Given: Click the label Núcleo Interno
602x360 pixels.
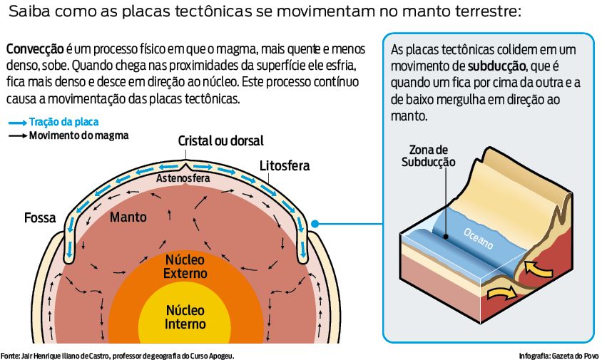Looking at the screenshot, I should click(x=185, y=317).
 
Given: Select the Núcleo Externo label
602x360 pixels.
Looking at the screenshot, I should click(x=185, y=266).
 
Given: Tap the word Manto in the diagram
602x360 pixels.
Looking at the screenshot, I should click(x=128, y=216).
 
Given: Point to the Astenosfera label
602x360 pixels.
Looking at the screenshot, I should click(x=183, y=178).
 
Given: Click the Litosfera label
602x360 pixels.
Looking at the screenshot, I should click(x=285, y=165).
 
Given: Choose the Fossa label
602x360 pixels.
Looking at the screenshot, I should click(x=40, y=217).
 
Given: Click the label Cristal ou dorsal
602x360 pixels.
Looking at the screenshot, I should click(x=220, y=140).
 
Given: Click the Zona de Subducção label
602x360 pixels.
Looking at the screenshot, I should click(x=428, y=155).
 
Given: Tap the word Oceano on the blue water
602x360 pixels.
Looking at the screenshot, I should click(x=478, y=238).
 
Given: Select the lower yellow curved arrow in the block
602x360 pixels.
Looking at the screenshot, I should click(x=500, y=292).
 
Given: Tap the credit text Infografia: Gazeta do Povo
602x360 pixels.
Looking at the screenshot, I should click(x=558, y=355).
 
